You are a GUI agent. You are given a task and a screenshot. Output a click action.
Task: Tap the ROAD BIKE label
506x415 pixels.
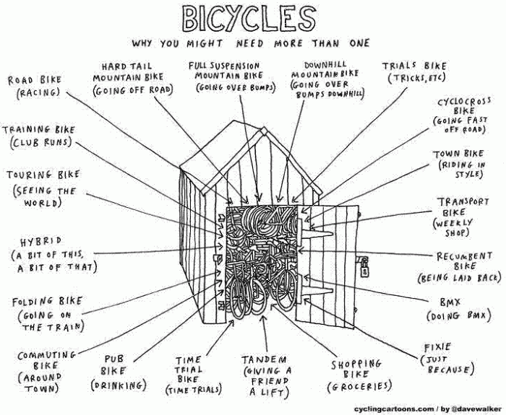point(35,80)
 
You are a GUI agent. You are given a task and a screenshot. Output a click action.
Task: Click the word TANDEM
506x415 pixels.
point(264,359)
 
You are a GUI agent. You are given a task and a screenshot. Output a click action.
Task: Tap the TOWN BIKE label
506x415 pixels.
point(458,154)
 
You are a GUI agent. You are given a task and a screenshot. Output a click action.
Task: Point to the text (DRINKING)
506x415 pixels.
point(119,385)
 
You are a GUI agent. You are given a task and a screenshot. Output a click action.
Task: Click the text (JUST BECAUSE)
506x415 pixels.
point(446,364)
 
